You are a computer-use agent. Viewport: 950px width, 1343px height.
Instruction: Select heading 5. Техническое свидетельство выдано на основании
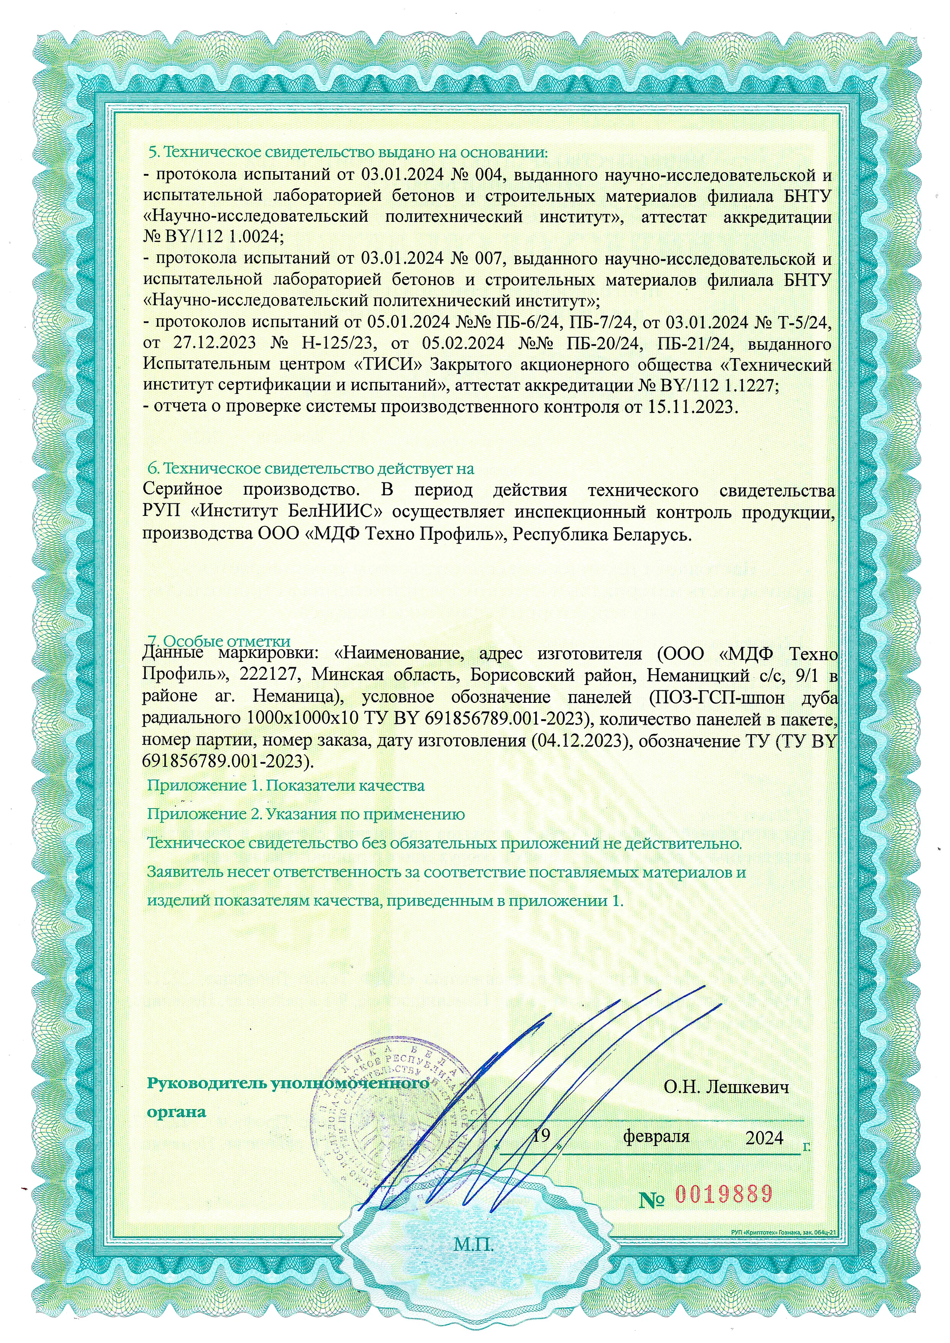[348, 153]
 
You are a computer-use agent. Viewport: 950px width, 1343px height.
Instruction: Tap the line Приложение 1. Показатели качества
[285, 785]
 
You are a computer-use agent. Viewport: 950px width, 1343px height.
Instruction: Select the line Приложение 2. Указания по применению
[306, 814]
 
